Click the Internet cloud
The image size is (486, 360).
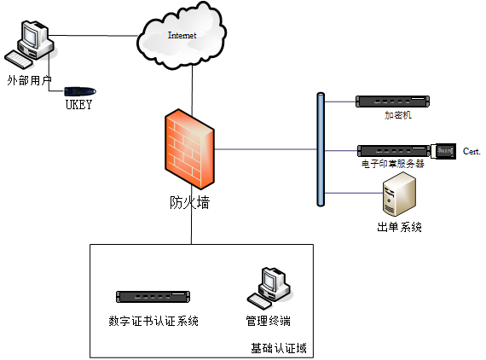(x=182, y=36)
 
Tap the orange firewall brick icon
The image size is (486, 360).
(x=189, y=149)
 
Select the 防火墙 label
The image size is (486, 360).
(x=189, y=203)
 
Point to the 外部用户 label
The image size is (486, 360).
(x=29, y=81)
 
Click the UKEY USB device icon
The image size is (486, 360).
(x=80, y=91)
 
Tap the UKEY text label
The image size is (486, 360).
(x=78, y=105)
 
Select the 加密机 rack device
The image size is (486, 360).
(x=392, y=102)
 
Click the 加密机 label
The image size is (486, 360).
(x=398, y=115)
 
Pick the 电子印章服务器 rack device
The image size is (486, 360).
(x=394, y=151)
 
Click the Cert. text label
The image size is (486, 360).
(x=472, y=151)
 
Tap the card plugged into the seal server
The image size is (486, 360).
(x=443, y=151)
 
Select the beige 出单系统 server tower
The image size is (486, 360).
(x=399, y=194)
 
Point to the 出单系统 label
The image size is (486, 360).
(x=399, y=227)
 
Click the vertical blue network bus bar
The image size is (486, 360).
(x=321, y=149)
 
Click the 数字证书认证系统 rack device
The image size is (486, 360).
(x=153, y=297)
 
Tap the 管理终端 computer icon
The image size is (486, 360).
(x=269, y=288)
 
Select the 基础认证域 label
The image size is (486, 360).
(x=279, y=349)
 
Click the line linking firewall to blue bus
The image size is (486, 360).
(x=266, y=149)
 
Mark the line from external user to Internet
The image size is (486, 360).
(x=93, y=36)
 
